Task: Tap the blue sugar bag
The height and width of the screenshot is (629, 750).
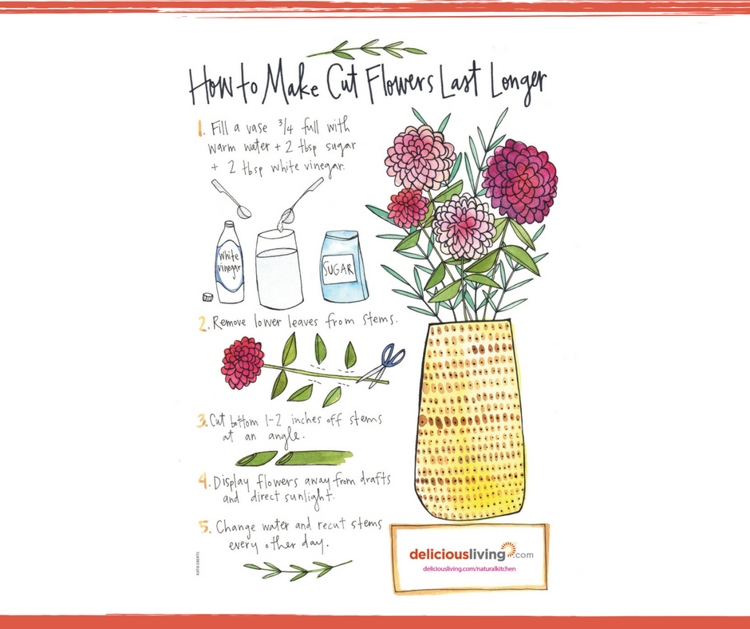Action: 344,267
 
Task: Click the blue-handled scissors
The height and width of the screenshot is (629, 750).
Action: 383,365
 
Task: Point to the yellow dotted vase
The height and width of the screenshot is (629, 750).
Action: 471,421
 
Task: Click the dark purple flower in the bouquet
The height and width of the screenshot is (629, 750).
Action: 520,181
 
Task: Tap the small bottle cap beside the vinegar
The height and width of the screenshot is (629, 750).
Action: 207,297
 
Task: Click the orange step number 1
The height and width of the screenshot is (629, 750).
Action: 201,129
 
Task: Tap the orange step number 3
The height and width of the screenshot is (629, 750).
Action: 201,421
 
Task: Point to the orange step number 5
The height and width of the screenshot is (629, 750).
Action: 205,527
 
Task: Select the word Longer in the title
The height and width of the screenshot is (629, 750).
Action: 518,85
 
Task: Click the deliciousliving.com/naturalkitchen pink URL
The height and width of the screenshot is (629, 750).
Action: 469,568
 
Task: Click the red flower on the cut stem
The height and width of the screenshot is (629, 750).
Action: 243,362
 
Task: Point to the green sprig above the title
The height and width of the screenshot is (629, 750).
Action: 366,49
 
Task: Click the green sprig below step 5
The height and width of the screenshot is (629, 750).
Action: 298,569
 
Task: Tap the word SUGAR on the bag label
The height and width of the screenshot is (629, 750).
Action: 338,270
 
